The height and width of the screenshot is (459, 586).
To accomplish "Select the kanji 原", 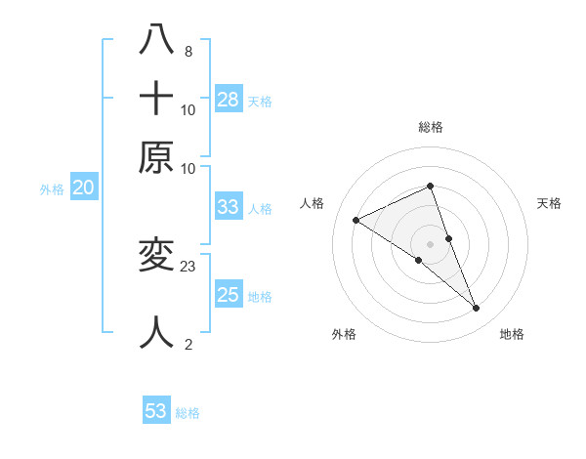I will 156,156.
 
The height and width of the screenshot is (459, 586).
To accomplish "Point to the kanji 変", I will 156,254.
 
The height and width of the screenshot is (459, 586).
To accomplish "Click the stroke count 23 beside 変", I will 189,265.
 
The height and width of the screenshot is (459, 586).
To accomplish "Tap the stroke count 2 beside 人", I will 188,344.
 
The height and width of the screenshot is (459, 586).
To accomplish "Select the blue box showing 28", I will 229,99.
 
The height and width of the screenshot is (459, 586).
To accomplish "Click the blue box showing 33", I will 229,207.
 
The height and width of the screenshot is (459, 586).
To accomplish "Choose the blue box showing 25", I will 229,295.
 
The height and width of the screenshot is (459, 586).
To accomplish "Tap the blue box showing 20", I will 84,188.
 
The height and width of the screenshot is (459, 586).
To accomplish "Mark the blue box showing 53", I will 156,411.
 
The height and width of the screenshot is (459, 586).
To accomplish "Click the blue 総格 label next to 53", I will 188,413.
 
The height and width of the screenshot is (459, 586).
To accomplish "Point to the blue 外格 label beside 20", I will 52,190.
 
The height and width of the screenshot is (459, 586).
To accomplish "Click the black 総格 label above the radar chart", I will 430,127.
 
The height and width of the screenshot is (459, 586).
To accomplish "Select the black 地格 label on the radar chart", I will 512,334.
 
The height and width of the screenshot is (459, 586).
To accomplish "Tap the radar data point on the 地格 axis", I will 477,309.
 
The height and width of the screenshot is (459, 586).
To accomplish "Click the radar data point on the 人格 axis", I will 356,221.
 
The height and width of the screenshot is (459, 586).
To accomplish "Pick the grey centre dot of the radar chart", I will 430,243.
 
